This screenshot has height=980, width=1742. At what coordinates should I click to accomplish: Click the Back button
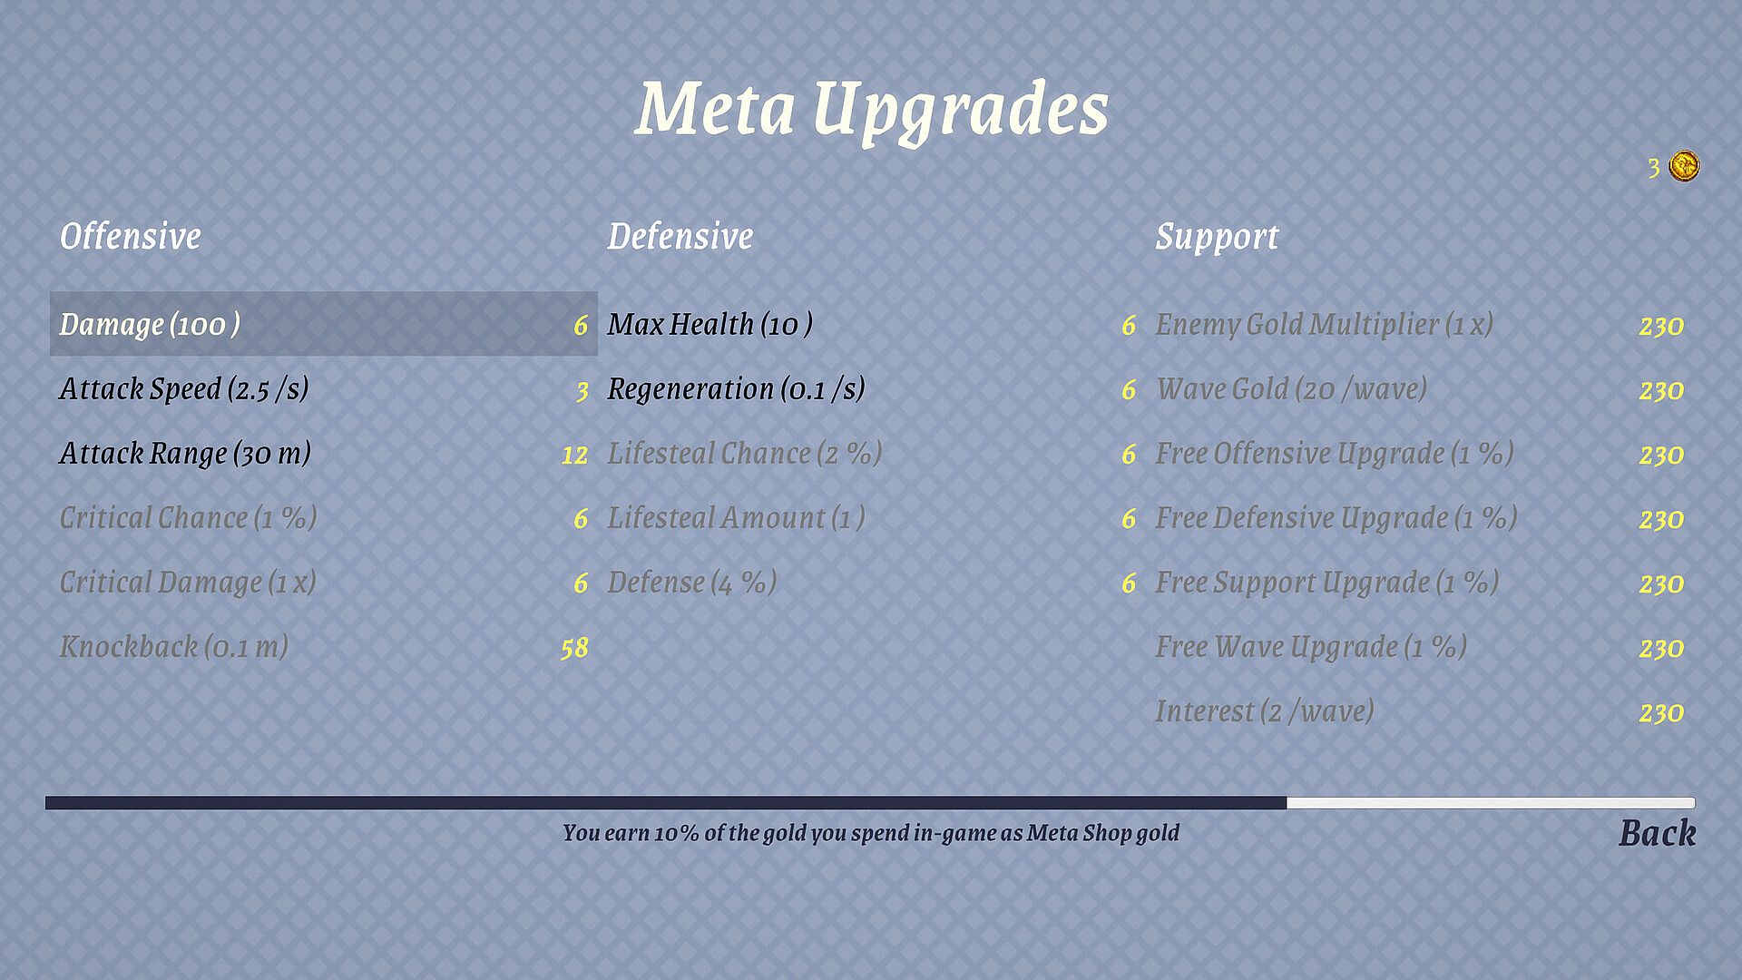coord(1657,833)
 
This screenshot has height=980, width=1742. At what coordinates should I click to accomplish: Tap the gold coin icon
coord(1684,167)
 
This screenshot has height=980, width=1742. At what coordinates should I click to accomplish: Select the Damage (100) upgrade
coord(150,325)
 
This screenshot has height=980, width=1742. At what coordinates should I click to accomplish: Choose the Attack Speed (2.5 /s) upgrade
coord(184,389)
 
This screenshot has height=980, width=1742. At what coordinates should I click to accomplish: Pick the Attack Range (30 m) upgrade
coord(185,454)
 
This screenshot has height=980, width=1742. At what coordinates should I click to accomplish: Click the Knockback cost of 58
coord(574,648)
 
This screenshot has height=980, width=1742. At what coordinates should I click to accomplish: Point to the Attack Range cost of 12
coord(574,455)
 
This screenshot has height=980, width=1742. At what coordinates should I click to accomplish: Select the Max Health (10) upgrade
coord(710,325)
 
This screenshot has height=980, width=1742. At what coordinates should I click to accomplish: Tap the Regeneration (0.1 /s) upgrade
coord(736,389)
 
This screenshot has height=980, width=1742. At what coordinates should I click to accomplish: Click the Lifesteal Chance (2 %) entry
coord(745,454)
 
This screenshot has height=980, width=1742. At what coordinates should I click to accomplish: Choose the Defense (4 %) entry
coord(692,583)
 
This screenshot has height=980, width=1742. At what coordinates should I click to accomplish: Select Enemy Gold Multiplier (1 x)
coord(1324,325)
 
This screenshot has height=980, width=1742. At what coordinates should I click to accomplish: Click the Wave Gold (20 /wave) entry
coord(1291,389)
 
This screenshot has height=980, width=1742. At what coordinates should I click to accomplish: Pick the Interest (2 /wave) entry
coord(1264,711)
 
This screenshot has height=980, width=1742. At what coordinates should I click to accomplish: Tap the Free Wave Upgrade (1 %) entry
coord(1311,647)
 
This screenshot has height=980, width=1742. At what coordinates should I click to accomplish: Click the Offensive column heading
coord(131,237)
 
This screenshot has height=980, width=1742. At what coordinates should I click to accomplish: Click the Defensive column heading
coord(680,237)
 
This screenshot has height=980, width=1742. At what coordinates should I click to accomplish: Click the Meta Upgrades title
coord(871,111)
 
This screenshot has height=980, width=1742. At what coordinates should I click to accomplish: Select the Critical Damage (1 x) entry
coord(188,583)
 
